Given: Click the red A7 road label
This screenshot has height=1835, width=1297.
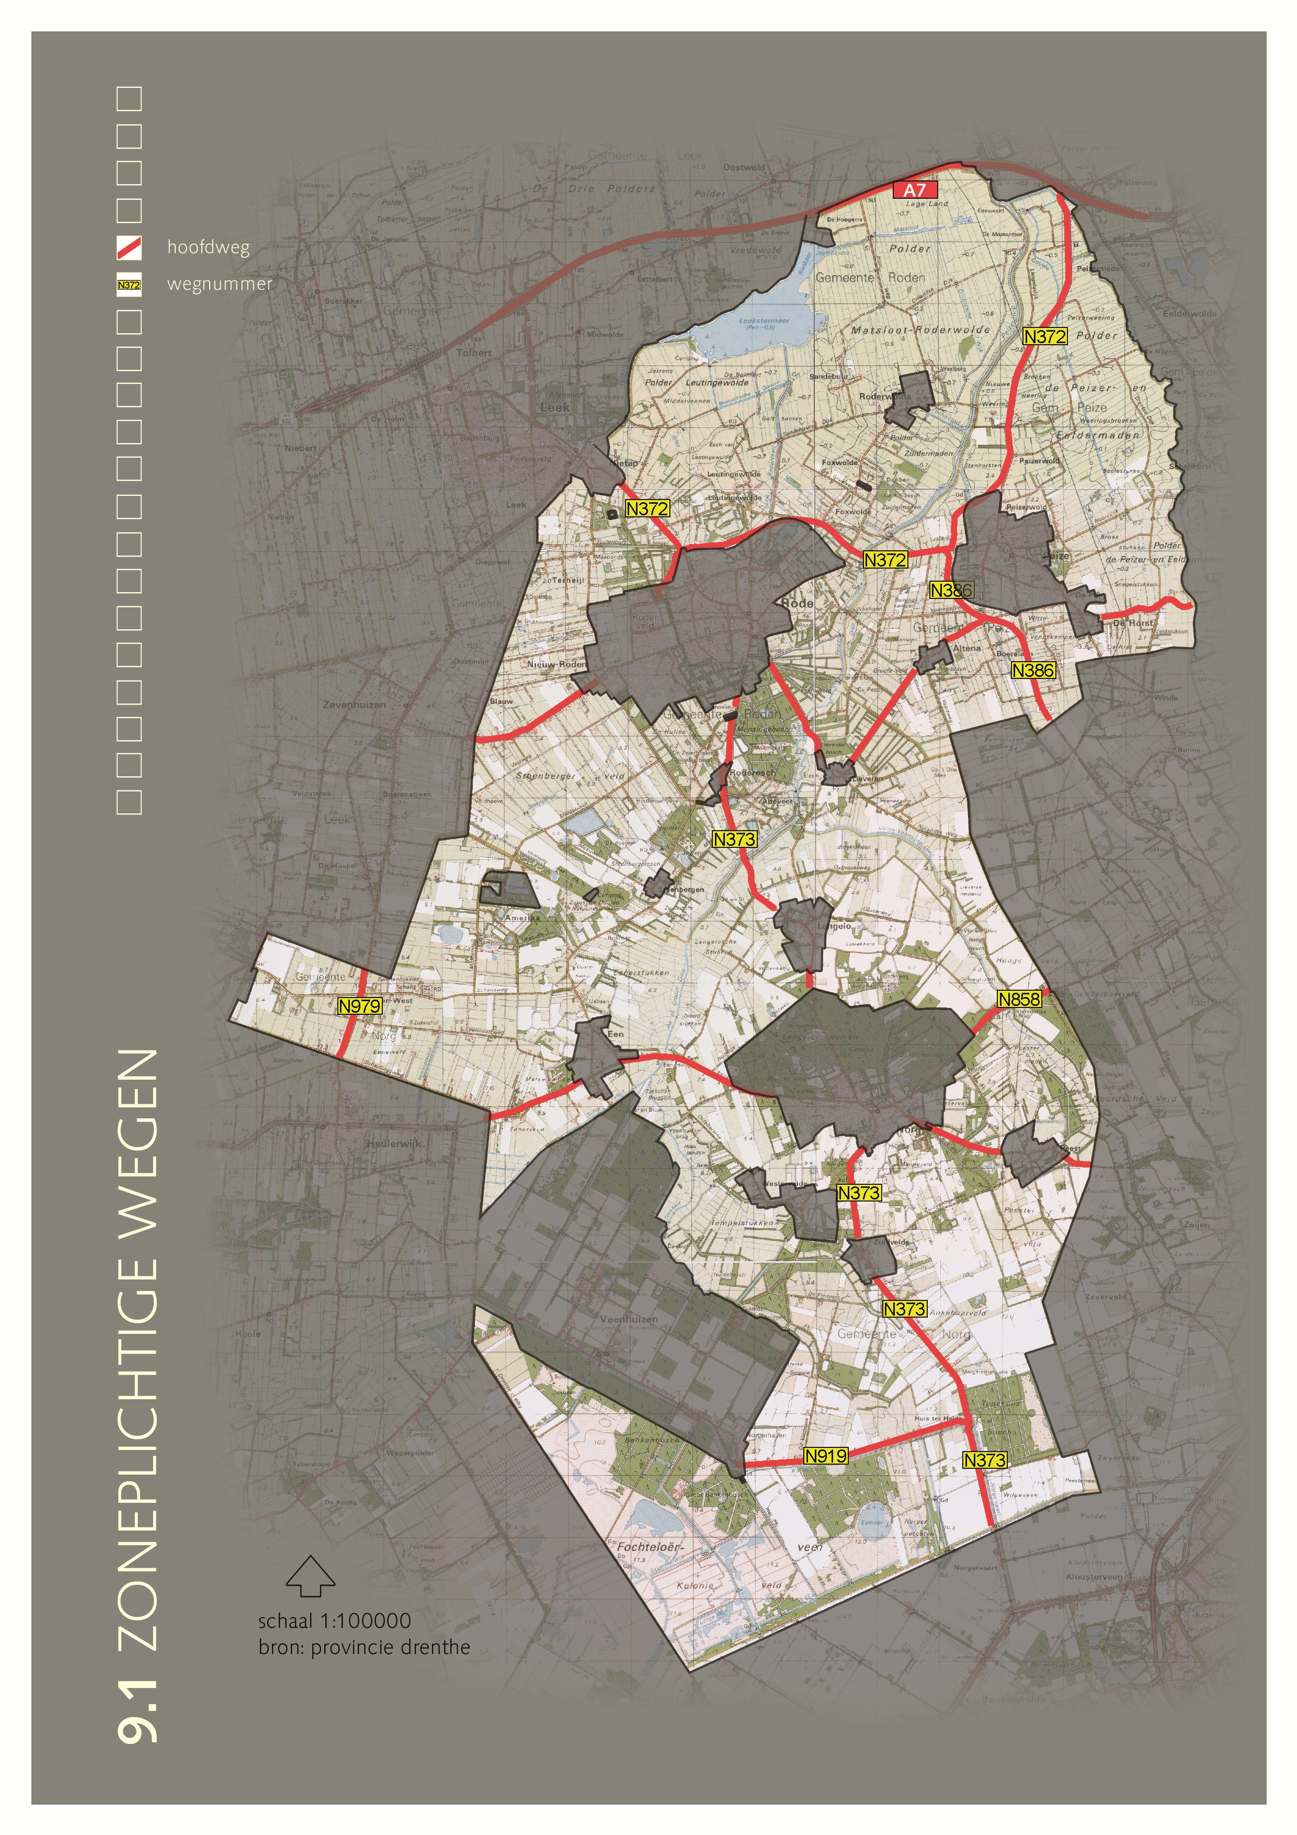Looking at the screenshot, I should point(914,190).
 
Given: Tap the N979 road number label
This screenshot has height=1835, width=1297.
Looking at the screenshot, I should point(360,1006).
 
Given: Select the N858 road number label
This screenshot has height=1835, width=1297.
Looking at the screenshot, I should point(1019,999).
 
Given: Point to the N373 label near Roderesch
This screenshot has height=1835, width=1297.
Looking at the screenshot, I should point(734,839).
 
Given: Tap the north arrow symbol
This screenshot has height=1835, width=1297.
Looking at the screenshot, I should point(310,1575).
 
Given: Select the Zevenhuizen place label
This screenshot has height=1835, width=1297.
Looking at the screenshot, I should point(354,705).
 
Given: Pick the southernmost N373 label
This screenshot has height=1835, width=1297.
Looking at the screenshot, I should point(984,1460).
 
